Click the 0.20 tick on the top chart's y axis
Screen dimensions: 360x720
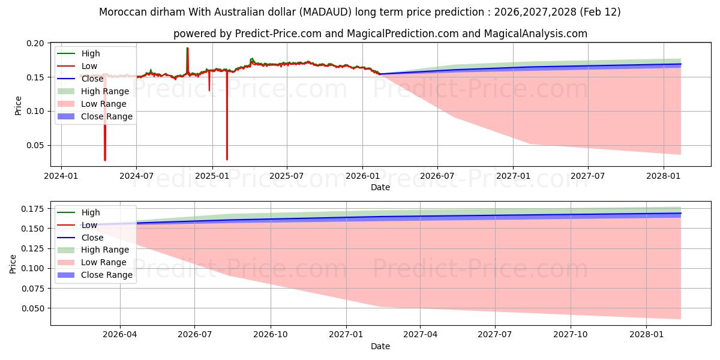coord(35,43)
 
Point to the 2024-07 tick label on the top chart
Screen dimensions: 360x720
coord(136,176)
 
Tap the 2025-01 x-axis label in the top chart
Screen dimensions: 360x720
coord(212,176)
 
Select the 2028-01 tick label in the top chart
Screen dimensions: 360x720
coord(664,176)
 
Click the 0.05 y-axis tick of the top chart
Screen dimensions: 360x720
coord(35,145)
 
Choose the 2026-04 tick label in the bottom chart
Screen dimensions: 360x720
coord(120,335)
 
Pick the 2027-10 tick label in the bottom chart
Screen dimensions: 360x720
coord(571,335)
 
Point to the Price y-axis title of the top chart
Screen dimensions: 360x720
coord(18,105)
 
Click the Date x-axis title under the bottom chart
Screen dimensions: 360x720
coord(380,346)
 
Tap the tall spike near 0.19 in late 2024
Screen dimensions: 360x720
coord(187,49)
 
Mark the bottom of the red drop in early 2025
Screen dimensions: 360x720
coord(227,159)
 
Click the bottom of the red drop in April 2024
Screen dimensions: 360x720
coord(105,160)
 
